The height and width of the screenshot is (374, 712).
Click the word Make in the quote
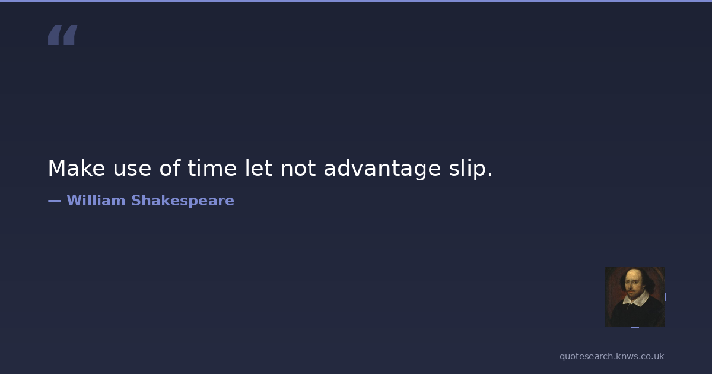click(77, 168)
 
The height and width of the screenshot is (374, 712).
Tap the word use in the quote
click(132, 170)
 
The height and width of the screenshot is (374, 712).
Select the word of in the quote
click(170, 167)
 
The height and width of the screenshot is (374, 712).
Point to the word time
click(212, 167)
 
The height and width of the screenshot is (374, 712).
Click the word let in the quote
click(259, 167)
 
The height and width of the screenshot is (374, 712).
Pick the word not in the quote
click(298, 168)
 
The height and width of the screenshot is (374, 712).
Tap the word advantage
click(382, 170)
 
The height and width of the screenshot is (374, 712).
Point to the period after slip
click(490, 175)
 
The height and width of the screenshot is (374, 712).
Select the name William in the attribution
click(96, 201)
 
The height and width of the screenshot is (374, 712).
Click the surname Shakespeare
click(183, 201)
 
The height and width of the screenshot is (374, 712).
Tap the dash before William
click(55, 201)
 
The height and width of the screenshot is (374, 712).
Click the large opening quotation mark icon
click(63, 34)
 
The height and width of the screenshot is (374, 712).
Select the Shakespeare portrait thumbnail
click(635, 297)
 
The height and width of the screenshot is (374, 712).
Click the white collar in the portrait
click(636, 299)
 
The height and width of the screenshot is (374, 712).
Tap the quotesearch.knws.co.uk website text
click(612, 357)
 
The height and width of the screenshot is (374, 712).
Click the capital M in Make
click(56, 168)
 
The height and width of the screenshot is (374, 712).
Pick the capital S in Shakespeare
click(136, 201)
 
